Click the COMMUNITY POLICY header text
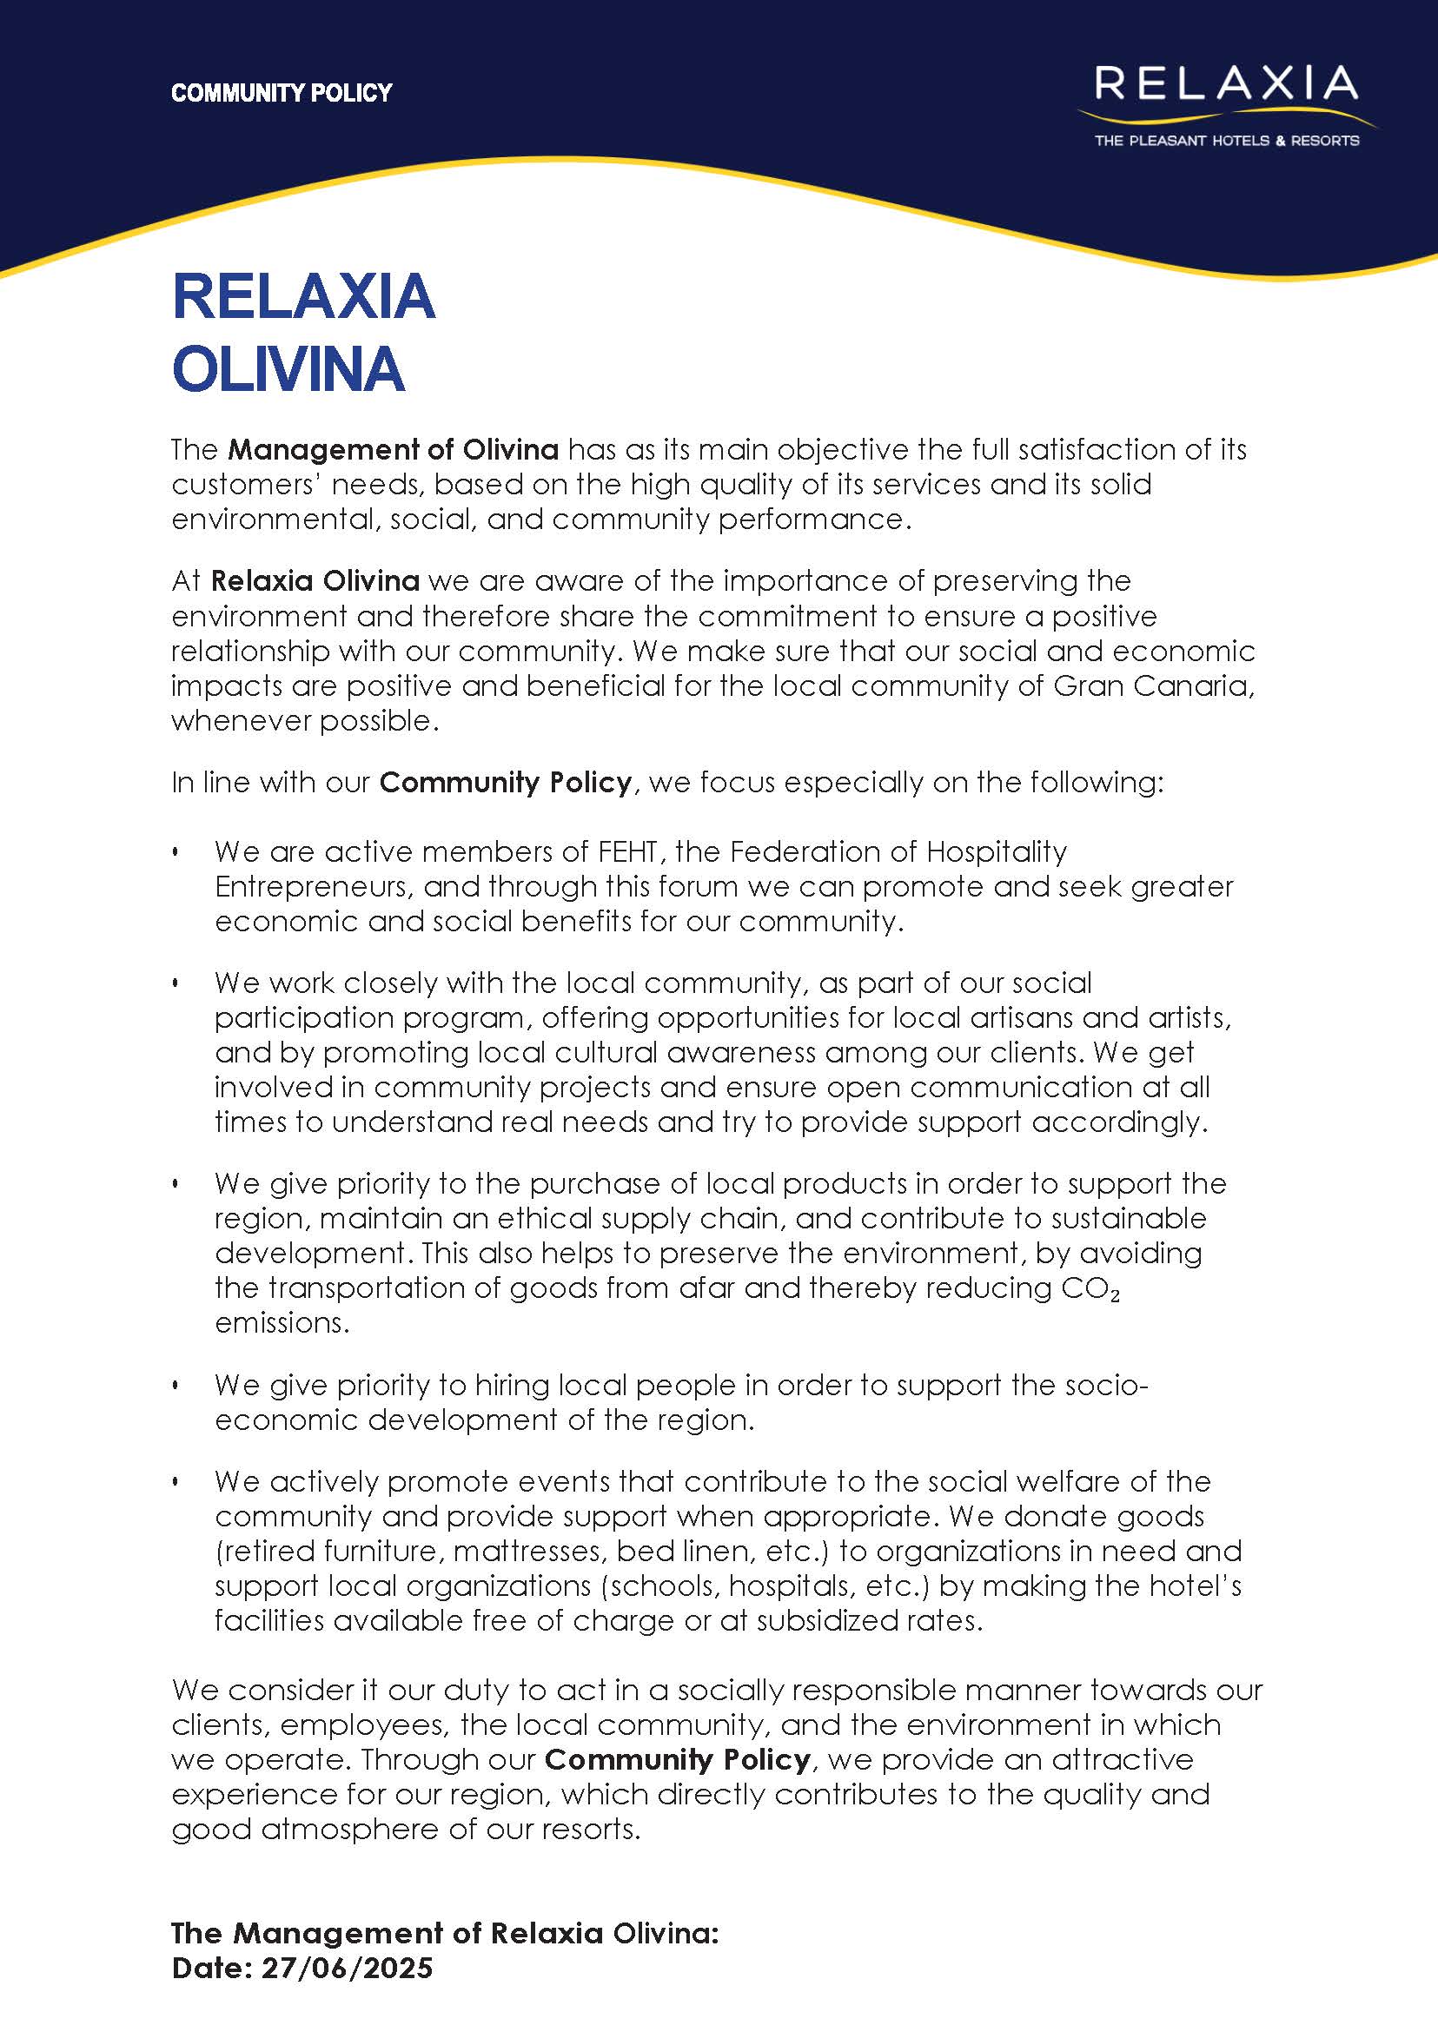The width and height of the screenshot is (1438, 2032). coord(281,93)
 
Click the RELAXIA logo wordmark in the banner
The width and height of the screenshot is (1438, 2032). coord(1225,83)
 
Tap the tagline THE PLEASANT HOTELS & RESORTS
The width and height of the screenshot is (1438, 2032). coord(1226,141)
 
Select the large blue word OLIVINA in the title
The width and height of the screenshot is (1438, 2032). coord(288,369)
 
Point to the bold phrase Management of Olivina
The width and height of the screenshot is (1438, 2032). coord(393,450)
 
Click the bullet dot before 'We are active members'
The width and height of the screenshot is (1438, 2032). coord(176,852)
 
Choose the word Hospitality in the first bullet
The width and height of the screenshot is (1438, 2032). coord(996,851)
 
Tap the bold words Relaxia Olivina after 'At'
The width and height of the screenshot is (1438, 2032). coord(315,581)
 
